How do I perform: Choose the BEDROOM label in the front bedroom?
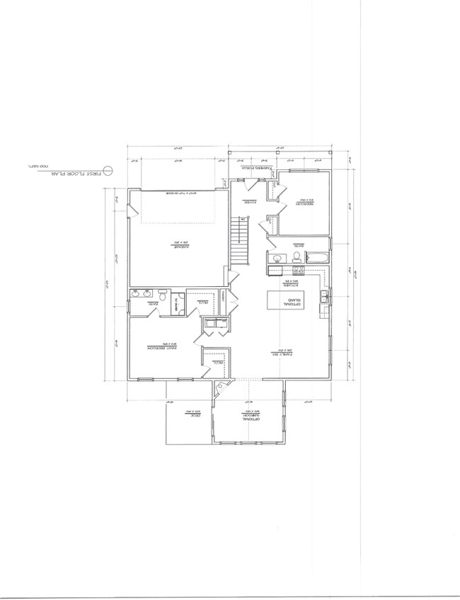304,201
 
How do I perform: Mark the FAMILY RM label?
284,351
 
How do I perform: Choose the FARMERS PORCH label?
253,169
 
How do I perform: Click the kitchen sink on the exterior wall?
323,297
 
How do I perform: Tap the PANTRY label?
222,293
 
